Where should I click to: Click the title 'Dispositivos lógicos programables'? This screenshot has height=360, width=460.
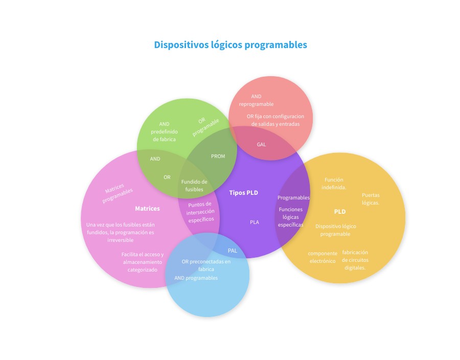click(231, 45)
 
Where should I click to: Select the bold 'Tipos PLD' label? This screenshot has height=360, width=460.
click(243, 193)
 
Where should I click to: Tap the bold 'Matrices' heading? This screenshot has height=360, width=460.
click(147, 209)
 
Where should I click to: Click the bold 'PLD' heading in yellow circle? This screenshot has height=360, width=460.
click(340, 211)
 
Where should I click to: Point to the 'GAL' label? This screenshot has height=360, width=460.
click(261, 144)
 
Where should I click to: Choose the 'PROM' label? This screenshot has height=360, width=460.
click(218, 156)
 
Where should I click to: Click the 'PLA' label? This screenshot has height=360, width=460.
click(255, 222)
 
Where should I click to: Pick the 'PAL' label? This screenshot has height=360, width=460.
click(233, 251)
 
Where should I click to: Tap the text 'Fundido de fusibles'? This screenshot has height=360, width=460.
click(194, 186)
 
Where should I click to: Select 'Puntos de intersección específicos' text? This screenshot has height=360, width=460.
click(200, 212)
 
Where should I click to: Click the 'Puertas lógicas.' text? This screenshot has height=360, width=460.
click(371, 199)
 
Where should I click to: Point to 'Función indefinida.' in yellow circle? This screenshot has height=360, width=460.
click(334, 183)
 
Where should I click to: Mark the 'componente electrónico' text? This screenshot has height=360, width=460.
click(323, 257)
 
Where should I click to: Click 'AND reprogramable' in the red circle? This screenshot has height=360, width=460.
click(256, 100)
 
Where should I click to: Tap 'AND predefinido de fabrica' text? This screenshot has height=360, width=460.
click(164, 131)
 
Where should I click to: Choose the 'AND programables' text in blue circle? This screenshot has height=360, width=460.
click(196, 278)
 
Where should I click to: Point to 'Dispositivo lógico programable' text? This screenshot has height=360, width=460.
click(336, 230)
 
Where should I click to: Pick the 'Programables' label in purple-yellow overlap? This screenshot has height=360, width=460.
click(293, 197)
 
